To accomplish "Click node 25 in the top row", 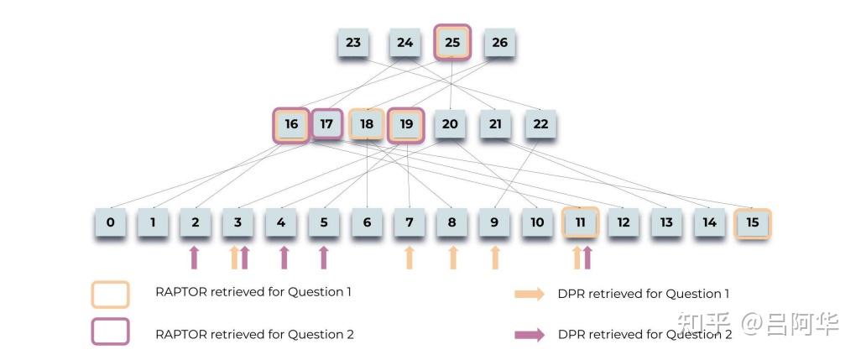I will [452, 42].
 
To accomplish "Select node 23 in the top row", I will [353, 43].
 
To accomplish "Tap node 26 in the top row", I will [499, 43].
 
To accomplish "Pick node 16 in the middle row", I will [291, 125].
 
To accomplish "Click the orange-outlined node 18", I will [367, 125].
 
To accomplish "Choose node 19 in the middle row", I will [407, 125].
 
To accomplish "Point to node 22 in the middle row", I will [540, 125].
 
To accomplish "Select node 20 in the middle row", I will [451, 125].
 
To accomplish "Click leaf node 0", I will [110, 223].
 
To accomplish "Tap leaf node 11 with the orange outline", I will [580, 223].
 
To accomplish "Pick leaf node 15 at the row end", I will [752, 223].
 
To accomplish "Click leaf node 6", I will [367, 223].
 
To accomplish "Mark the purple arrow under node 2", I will [196, 258].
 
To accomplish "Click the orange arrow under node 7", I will [410, 258].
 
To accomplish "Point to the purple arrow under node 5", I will [324, 258].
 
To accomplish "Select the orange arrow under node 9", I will [495, 258].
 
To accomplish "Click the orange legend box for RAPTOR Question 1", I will [110, 295].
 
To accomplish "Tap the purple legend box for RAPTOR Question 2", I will [110, 331].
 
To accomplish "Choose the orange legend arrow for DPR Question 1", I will [530, 295].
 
